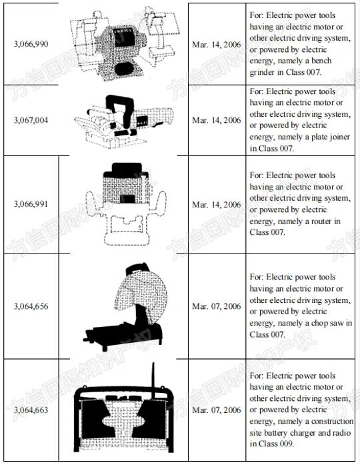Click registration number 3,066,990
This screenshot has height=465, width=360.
pyautogui.click(x=31, y=44)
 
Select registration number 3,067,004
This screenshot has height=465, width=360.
pyautogui.click(x=31, y=120)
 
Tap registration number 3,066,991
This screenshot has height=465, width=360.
pyautogui.click(x=31, y=204)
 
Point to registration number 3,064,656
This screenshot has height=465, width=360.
pyautogui.click(x=31, y=306)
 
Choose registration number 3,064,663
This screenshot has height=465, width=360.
pyautogui.click(x=31, y=410)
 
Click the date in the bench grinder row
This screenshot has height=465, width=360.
pyautogui.click(x=216, y=45)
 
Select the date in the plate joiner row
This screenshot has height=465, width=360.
pyautogui.click(x=216, y=120)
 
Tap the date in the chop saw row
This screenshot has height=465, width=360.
pyautogui.click(x=216, y=306)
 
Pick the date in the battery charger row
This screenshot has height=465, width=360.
pyautogui.click(x=216, y=410)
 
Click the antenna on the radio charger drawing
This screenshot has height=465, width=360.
pyautogui.click(x=153, y=380)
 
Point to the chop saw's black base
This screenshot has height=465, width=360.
pyautogui.click(x=124, y=336)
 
